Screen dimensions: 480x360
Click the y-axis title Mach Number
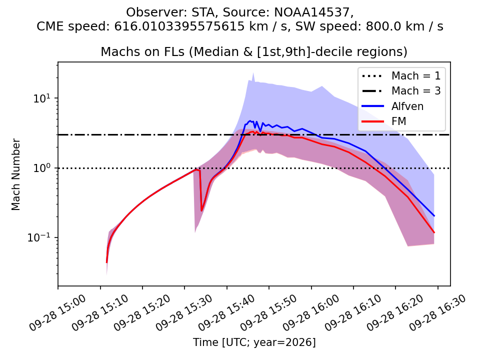(15, 174)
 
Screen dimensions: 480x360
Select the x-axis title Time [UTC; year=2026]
(254, 342)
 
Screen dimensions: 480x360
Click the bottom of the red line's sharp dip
(201, 210)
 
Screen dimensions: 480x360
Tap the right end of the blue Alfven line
(434, 216)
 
